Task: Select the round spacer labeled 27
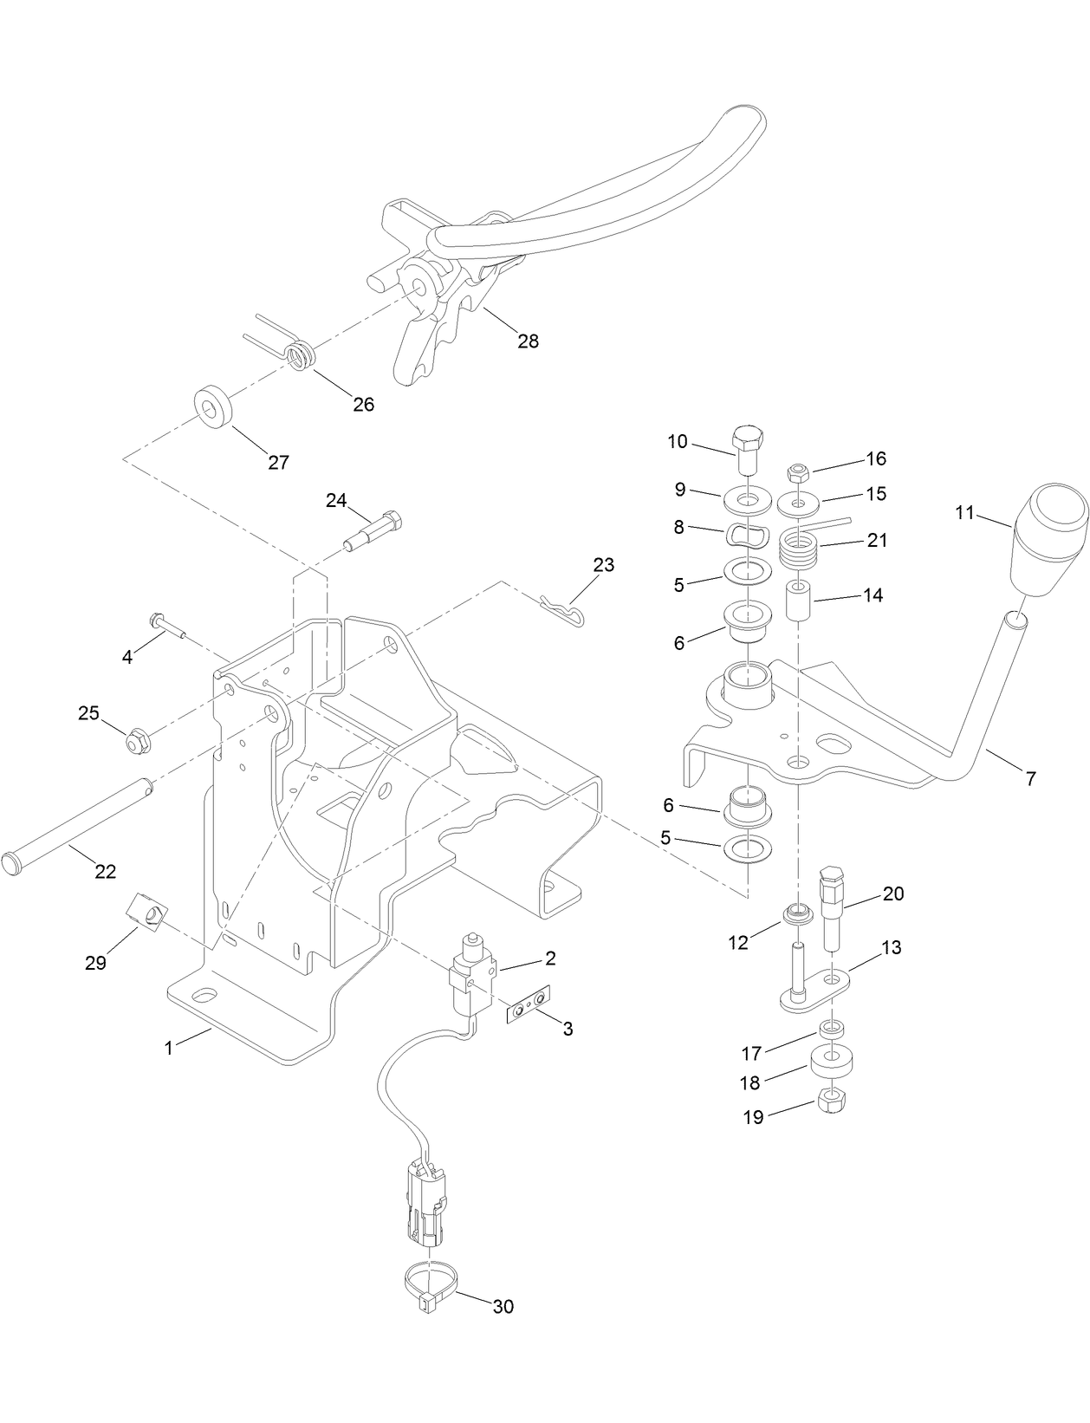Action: [x=211, y=408]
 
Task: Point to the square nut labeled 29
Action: [x=147, y=911]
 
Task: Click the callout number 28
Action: [x=528, y=341]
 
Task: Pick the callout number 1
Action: [x=169, y=1048]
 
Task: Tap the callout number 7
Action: [x=1030, y=779]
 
